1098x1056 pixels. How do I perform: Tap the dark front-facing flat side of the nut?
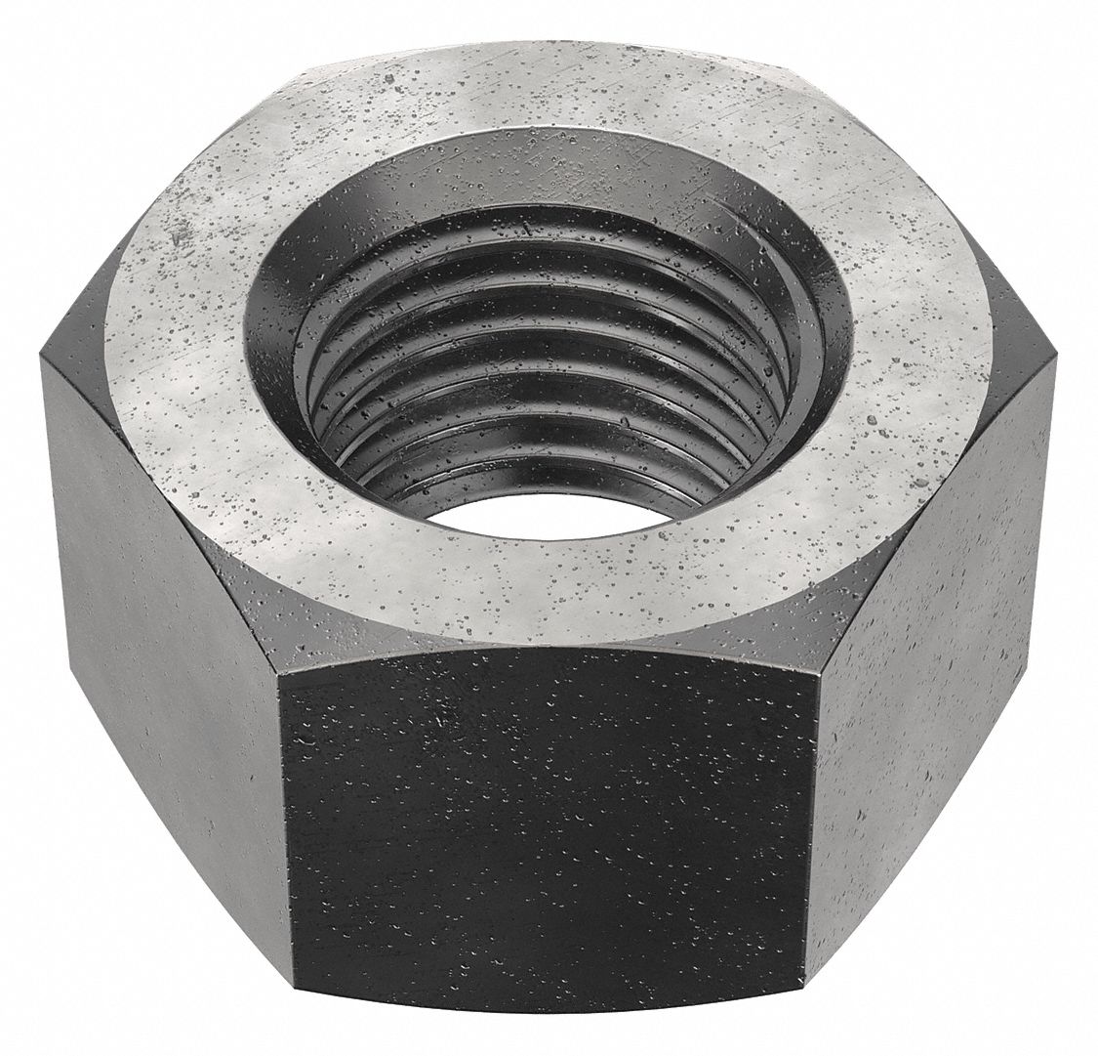(547, 840)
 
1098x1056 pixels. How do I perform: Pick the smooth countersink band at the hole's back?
(547, 186)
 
